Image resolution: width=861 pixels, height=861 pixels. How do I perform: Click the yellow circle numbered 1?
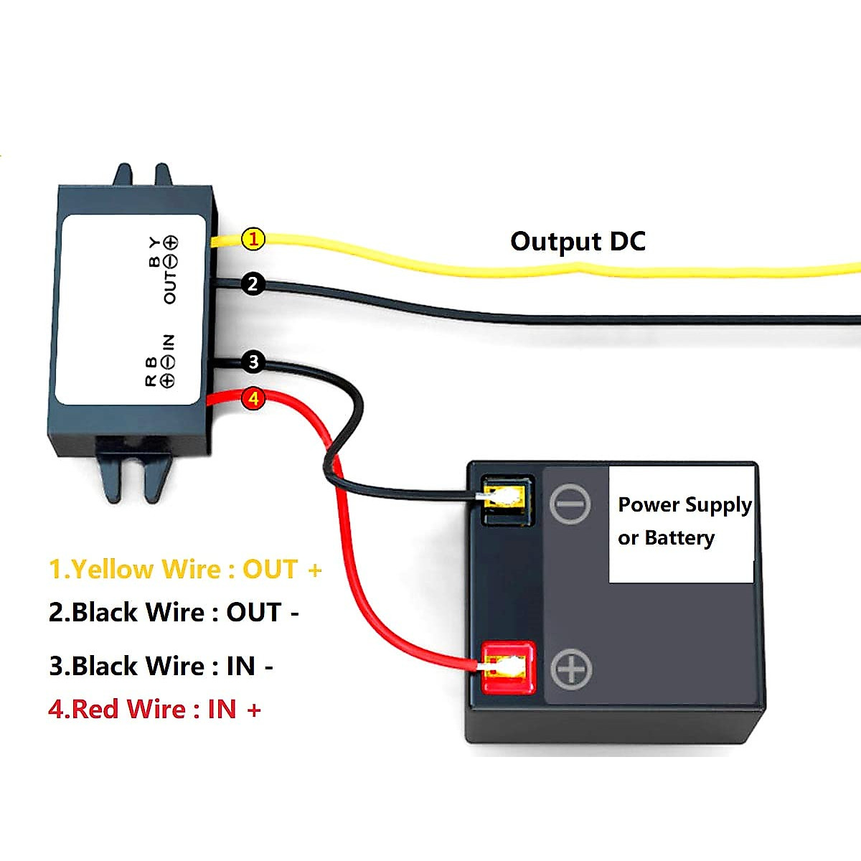click(253, 239)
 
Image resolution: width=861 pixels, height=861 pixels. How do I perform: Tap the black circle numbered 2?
click(253, 284)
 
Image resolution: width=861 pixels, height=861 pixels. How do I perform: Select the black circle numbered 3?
click(253, 362)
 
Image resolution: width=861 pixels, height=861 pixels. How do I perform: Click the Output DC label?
click(578, 242)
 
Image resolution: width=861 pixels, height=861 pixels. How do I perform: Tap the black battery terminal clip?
click(508, 499)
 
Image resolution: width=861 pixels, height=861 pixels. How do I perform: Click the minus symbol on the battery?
click(570, 504)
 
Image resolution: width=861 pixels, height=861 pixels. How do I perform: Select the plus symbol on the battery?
click(571, 669)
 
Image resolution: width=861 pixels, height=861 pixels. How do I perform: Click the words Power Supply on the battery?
click(684, 505)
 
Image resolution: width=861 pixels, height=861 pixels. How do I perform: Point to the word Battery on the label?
click(679, 538)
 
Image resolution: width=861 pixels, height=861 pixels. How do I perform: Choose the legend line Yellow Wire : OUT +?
click(185, 570)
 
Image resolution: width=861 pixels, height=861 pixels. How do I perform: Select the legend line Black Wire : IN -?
click(161, 667)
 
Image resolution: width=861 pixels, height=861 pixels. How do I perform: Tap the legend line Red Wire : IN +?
click(154, 710)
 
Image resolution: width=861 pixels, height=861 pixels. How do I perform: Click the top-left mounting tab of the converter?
click(123, 175)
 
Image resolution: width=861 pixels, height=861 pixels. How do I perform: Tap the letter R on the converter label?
click(151, 381)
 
